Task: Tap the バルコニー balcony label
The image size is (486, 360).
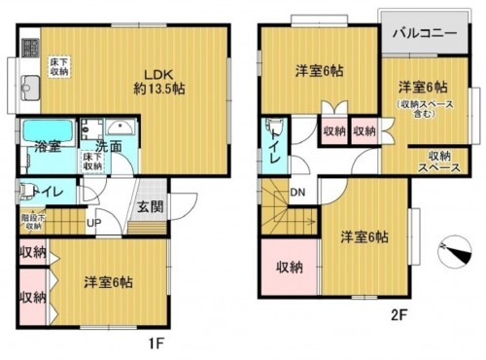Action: pos(424,32)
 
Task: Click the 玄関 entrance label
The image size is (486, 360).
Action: pos(150,206)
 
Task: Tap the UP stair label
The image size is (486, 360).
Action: pos(94,222)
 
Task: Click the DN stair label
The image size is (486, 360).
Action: pos(298,192)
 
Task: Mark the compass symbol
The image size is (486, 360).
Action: pos(450,249)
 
